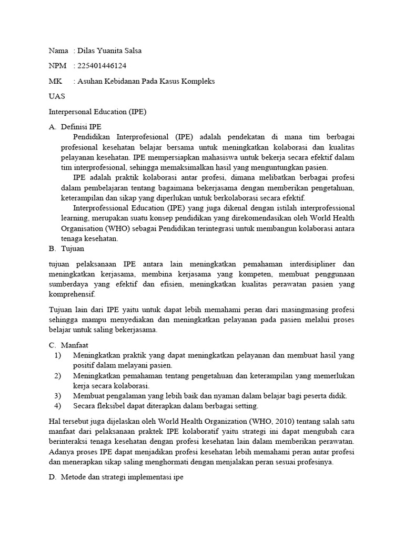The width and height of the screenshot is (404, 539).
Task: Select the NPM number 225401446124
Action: click(102, 66)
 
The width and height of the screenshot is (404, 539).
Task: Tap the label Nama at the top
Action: click(58, 51)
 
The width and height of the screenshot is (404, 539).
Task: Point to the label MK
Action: click(55, 81)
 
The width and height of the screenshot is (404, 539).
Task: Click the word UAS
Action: click(57, 96)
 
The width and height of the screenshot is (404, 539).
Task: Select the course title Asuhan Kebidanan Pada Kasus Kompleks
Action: click(146, 81)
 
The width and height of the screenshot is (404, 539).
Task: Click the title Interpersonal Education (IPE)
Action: click(97, 112)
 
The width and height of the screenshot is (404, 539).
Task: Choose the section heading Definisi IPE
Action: click(82, 127)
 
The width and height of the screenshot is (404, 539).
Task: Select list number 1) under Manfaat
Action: click(58, 356)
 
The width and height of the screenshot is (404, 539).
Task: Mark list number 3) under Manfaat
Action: click(58, 395)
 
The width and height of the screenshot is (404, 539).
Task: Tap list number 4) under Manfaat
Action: click(58, 405)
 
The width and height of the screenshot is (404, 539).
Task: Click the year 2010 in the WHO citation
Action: click(279, 421)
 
